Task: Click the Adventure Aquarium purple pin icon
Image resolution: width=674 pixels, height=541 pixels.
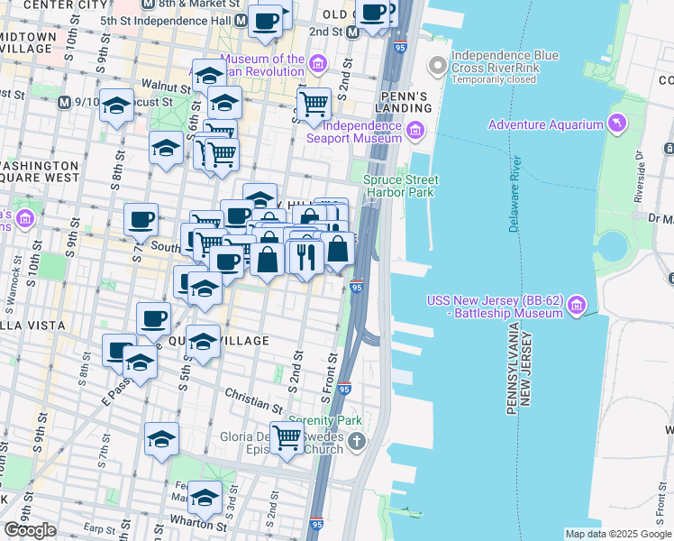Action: click(616, 123)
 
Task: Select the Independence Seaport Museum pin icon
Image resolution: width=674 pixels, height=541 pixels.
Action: click(415, 131)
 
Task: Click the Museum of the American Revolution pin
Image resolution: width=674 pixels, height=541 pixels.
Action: click(317, 64)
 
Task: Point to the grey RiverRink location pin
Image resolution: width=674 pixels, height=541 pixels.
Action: click(438, 65)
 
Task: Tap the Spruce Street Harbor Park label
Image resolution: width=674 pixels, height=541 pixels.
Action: click(399, 186)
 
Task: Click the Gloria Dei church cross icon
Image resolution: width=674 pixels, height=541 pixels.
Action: click(359, 441)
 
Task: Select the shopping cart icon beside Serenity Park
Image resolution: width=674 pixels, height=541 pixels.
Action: click(287, 439)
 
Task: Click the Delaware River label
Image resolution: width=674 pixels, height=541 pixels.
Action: click(515, 194)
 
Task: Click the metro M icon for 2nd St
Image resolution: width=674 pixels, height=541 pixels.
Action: click(353, 32)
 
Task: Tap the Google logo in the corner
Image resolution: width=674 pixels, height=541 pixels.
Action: click(30, 530)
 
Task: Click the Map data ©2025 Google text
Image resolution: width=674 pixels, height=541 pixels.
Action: click(617, 534)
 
